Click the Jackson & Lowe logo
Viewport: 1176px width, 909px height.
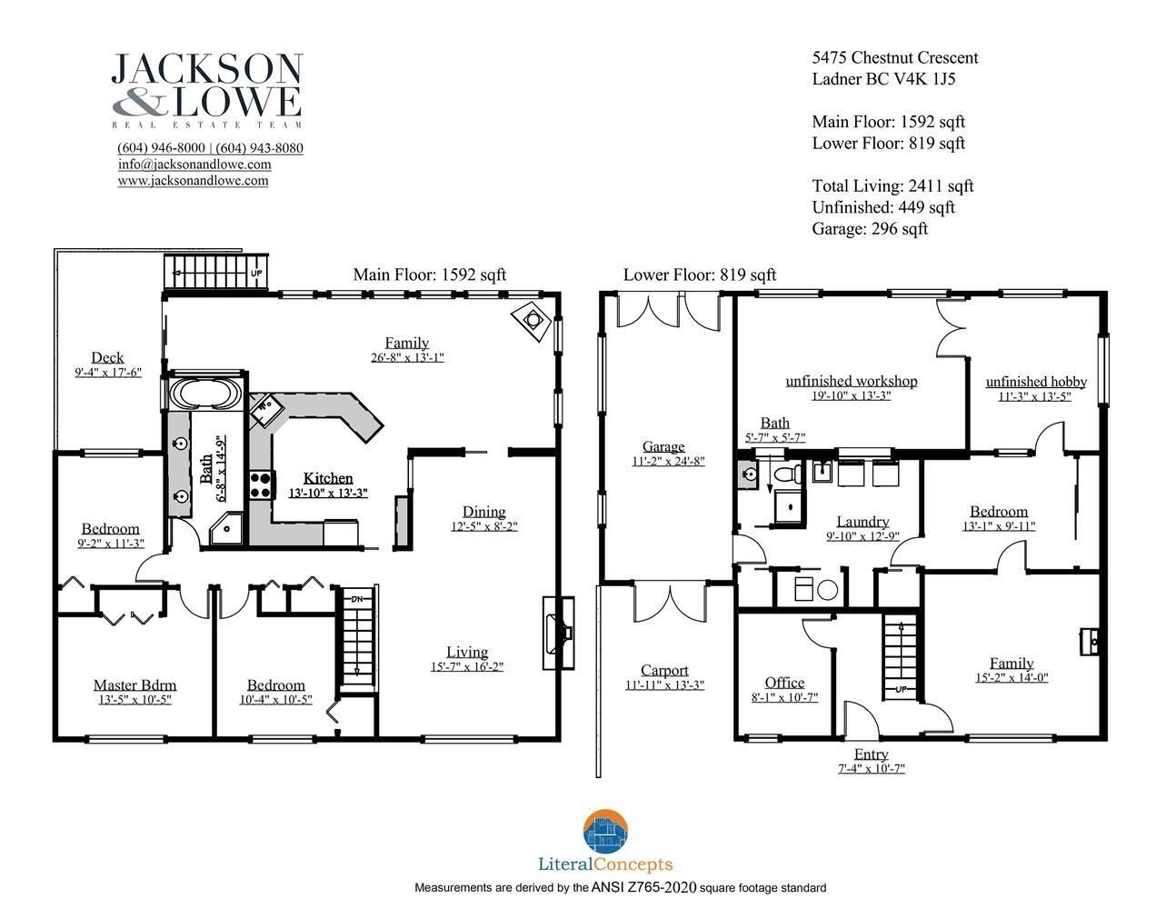206,90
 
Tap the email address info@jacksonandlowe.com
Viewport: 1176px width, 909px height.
194,164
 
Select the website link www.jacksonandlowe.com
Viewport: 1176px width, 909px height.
194,180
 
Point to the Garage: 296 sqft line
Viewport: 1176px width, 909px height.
870,229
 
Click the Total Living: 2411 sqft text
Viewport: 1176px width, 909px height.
892,186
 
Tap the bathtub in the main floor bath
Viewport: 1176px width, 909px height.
205,394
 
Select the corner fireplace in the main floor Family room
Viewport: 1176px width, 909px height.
532,322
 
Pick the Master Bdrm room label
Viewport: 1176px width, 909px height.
135,685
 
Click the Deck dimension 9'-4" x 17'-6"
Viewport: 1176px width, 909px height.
108,373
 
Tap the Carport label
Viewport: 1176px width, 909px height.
664,671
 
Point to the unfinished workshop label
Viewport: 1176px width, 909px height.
852,381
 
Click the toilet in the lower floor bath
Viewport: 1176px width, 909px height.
788,474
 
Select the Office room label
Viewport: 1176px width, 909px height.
784,683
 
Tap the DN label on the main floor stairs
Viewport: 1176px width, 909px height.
357,599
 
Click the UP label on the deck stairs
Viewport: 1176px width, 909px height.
256,274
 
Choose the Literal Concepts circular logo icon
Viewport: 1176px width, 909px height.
605,832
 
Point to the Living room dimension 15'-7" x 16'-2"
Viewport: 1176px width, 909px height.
467,666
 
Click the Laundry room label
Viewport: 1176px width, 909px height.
862,522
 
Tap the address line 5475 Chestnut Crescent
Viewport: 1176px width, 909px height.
895,58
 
